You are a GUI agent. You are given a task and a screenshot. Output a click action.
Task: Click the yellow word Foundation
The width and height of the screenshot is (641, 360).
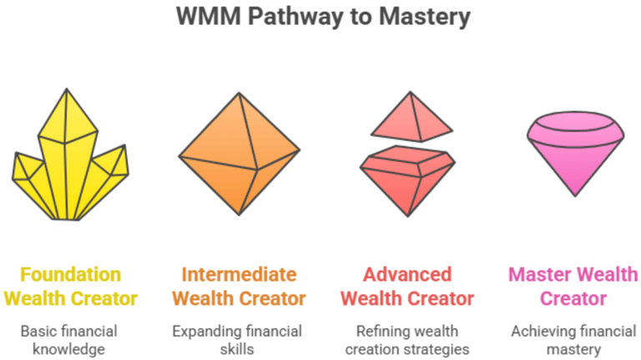(x=70, y=275)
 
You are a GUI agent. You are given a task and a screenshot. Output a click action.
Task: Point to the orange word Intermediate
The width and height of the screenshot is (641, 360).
(x=239, y=275)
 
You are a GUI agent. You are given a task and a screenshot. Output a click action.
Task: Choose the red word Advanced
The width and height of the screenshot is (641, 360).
(x=407, y=275)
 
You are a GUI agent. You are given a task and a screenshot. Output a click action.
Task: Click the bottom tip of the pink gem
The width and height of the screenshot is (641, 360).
(x=575, y=194)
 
